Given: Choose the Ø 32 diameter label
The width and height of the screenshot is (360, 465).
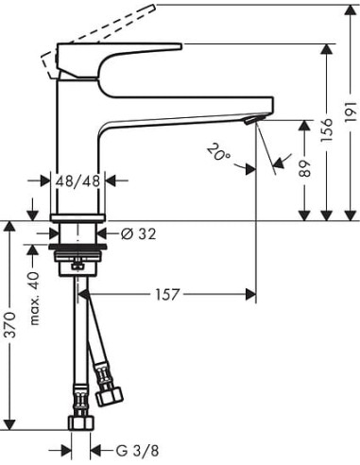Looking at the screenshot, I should tap(139, 232).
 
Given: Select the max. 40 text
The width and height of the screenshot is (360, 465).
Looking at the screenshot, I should tap(36, 296).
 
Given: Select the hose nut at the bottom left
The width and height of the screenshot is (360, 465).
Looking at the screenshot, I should tap(80, 421).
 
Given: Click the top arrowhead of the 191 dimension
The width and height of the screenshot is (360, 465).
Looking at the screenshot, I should tap(349, 7).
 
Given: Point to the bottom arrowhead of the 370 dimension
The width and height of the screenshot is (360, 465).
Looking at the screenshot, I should tap(9, 425).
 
